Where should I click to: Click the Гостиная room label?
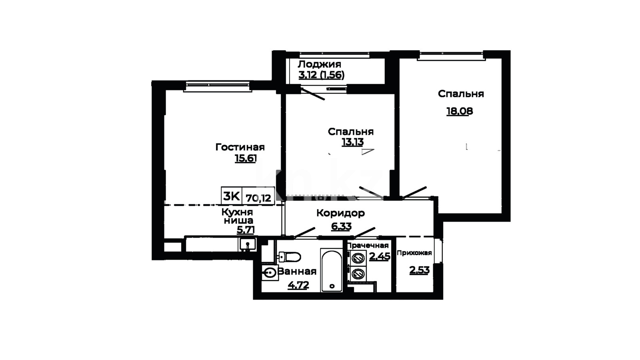(x=240, y=147)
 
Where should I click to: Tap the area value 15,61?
(x=246, y=158)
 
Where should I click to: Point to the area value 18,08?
(x=460, y=111)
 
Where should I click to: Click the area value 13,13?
(x=353, y=142)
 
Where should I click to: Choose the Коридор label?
(x=340, y=213)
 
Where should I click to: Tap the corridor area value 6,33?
(x=342, y=226)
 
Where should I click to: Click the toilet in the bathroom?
(x=290, y=256)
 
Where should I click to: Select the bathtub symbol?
(x=332, y=270)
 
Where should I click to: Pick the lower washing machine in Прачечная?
(x=358, y=274)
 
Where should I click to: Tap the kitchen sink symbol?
(x=248, y=244)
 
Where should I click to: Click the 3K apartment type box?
(x=232, y=196)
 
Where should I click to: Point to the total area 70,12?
(x=258, y=198)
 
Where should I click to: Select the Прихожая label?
(x=414, y=253)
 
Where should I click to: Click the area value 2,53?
(x=420, y=270)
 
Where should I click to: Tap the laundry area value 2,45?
(x=380, y=256)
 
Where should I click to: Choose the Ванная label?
(x=297, y=272)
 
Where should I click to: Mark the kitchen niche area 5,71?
(x=246, y=230)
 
